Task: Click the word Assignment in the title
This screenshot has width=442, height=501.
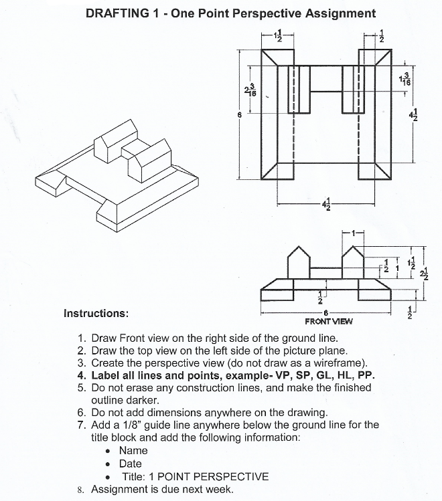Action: click(x=338, y=13)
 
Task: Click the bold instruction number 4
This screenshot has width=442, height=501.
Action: click(x=80, y=375)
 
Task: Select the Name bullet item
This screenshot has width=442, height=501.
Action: click(x=133, y=451)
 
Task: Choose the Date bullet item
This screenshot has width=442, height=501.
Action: click(x=130, y=464)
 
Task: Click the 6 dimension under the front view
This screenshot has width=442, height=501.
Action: click(x=325, y=312)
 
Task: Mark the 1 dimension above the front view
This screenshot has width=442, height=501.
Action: click(x=353, y=231)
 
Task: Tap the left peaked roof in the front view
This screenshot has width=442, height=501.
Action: click(x=297, y=254)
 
